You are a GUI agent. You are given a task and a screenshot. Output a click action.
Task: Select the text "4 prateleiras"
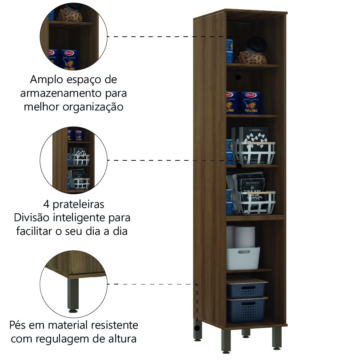(73, 204)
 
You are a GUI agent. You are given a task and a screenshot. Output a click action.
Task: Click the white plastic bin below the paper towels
(243, 258)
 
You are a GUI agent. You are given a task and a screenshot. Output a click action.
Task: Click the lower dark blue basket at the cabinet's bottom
(247, 310)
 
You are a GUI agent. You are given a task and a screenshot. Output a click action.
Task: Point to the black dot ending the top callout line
(238, 77)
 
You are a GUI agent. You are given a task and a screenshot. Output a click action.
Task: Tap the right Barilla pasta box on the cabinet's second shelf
(251, 102)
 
